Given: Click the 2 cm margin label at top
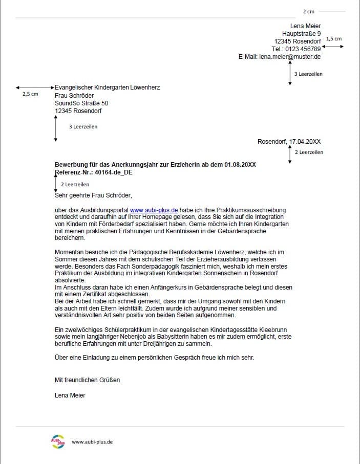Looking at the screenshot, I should [x=308, y=11].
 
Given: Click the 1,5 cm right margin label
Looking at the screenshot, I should [x=333, y=39].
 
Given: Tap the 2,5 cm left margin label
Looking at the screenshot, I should [x=30, y=95].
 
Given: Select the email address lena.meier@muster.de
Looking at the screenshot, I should [x=290, y=57].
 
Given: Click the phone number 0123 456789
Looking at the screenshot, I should [x=304, y=49].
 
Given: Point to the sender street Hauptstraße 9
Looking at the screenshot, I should [x=301, y=33].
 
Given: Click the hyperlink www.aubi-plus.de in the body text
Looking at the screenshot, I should [x=154, y=210].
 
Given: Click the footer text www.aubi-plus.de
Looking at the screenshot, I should [x=92, y=441].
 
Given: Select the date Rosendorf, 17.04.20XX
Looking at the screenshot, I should [x=289, y=141].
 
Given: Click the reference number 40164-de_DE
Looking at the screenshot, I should [x=110, y=172].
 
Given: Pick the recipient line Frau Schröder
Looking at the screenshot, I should [x=74, y=95].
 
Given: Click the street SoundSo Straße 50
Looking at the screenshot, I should [x=81, y=103].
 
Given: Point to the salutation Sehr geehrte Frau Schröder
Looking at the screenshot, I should [x=93, y=194].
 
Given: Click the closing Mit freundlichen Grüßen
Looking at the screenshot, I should [x=87, y=380].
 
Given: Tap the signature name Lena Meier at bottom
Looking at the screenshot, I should [x=70, y=395].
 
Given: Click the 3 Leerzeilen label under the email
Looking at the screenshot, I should [x=308, y=74].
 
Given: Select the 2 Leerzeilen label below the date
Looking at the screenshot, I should [x=309, y=152].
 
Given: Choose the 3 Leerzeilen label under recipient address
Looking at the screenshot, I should [x=83, y=126].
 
